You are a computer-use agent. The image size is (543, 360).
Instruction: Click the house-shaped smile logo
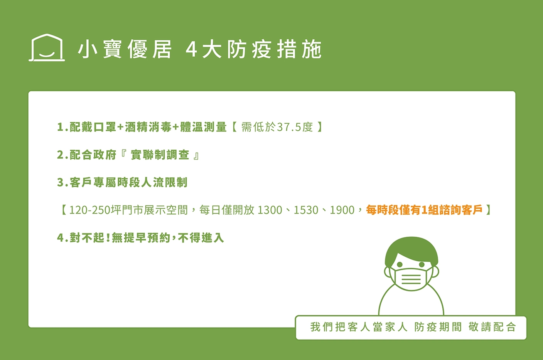point(47,47)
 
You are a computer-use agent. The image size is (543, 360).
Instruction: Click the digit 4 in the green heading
point(191,49)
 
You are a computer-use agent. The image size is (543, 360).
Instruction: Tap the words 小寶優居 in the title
point(125,49)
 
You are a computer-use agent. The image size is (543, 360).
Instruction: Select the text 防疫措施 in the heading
point(275,49)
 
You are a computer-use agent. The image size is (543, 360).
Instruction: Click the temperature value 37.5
point(288,127)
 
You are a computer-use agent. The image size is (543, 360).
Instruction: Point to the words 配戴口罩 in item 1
point(93,127)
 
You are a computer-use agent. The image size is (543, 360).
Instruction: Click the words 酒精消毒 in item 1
point(148,127)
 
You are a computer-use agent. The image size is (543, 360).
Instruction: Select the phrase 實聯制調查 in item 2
point(160,155)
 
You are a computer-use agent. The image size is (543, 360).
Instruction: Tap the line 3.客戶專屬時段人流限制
point(122,182)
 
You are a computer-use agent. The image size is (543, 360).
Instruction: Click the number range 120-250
point(90,210)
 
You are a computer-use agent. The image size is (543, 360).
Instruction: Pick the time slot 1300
point(270,210)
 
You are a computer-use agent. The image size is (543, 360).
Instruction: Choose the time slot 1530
point(306,210)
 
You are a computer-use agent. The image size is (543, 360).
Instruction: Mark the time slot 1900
point(342,210)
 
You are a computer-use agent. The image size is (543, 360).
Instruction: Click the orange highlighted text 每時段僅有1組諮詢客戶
point(424,210)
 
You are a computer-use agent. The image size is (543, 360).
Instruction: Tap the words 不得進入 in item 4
point(201,238)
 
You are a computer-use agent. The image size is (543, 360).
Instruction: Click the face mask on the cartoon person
point(411,279)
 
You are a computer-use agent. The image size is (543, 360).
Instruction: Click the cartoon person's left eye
point(400,264)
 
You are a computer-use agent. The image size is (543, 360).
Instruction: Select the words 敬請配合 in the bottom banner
point(492,327)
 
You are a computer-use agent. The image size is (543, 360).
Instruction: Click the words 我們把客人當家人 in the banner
point(359,327)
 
